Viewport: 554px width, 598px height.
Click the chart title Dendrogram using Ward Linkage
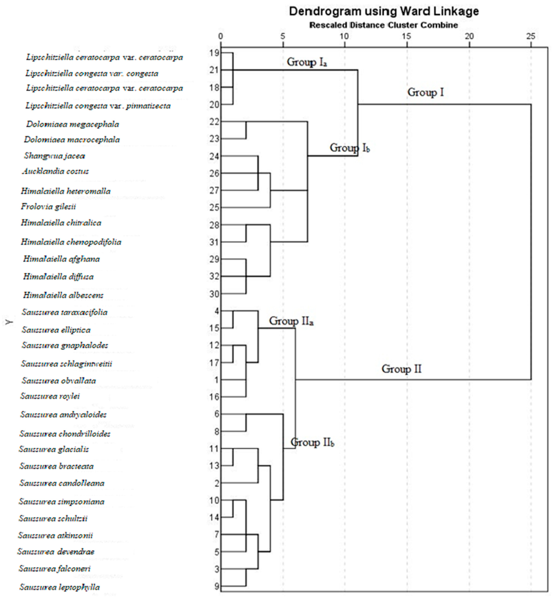coord(384,11)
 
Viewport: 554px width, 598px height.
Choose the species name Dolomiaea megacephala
coord(73,124)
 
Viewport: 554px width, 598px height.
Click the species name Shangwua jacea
coord(55,156)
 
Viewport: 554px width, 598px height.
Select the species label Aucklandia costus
coord(55,171)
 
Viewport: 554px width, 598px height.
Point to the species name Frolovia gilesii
coord(48,207)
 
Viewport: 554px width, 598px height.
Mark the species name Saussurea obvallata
coord(59,381)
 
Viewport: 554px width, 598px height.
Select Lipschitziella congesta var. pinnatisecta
coord(98,106)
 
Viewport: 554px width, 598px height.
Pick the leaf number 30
coord(215,294)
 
